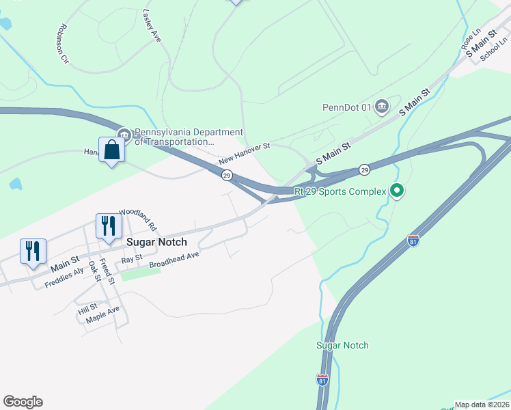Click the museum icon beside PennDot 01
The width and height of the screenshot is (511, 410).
(381, 106)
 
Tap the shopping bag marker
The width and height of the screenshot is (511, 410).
(111, 150)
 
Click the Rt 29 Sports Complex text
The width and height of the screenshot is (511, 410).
(340, 192)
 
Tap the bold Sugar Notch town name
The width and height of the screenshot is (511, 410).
(157, 242)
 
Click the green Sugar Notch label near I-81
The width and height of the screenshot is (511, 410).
(342, 345)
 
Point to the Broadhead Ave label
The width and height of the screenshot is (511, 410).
(174, 259)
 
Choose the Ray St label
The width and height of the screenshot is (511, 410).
(131, 259)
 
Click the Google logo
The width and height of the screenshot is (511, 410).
(23, 402)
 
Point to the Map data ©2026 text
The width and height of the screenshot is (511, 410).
(482, 405)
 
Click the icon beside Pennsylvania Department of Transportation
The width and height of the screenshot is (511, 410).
(123, 134)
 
